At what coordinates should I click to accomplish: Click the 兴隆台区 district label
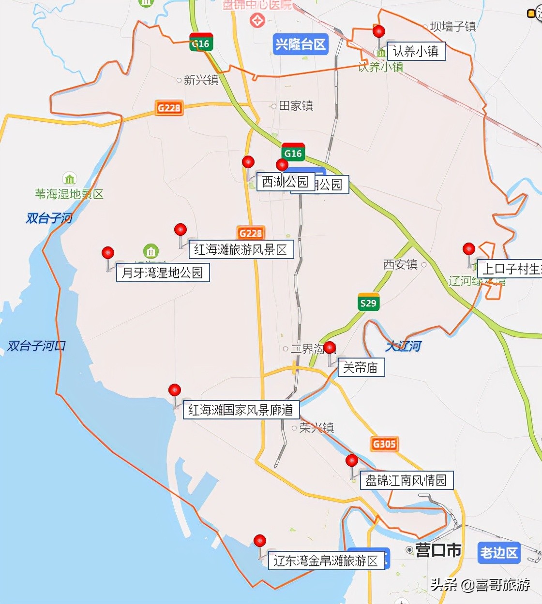pos(300,44)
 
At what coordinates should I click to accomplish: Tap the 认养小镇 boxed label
pos(416,51)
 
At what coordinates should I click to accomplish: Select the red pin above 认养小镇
pos(379,31)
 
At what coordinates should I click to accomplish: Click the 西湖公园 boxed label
pos(285,182)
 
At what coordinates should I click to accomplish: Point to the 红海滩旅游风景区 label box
pos(241,249)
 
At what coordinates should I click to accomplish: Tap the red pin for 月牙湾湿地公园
pos(108,253)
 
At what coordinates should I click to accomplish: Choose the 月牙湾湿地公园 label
pos(163,273)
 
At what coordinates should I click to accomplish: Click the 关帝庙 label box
pos(361,368)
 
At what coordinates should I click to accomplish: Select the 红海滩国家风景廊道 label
pos(241,410)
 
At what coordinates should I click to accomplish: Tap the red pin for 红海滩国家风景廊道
pos(175,390)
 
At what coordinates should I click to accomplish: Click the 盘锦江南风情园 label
pos(406,480)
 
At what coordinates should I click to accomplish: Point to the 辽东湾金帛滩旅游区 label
pos(326,561)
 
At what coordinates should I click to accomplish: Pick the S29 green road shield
pos(368,302)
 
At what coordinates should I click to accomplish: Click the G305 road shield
pos(384,444)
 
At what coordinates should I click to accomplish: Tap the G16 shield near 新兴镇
pos(200,43)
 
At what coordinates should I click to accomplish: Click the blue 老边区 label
pos(498,552)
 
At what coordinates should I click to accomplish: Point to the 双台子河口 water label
pos(36,345)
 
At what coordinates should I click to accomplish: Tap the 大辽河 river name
pos(403,346)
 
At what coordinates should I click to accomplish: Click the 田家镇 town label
pos(296,105)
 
